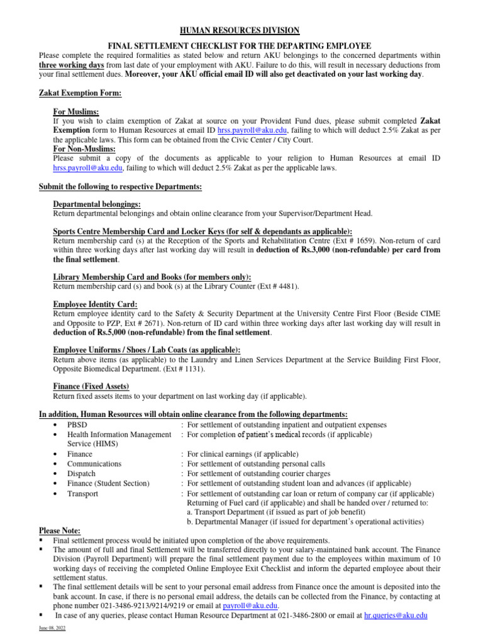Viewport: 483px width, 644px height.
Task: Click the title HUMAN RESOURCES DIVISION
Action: [x=241, y=31]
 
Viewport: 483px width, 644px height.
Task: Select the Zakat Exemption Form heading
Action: [x=80, y=93]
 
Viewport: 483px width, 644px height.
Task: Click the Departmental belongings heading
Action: [x=97, y=204]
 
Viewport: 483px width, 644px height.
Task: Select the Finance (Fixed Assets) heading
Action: [x=91, y=386]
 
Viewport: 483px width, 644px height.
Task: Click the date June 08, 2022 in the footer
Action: [x=52, y=630]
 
